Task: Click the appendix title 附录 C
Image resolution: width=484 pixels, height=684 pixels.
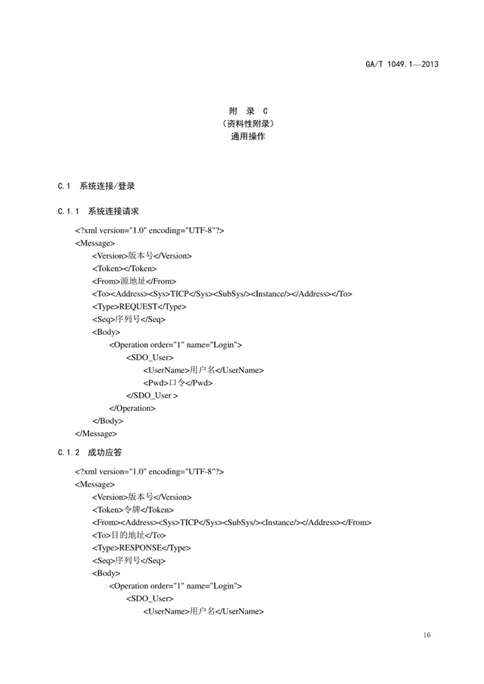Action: pos(248,111)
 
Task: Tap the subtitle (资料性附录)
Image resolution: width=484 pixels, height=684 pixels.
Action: pos(248,124)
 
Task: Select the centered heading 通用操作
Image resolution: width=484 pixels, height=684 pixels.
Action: pos(248,137)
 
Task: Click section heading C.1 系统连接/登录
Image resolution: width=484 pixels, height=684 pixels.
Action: pos(96,186)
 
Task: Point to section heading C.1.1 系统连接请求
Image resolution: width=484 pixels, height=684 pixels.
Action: pos(98,211)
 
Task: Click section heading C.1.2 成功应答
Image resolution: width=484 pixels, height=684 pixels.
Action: pos(90,452)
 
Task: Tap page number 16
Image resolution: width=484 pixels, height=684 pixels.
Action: pos(427,636)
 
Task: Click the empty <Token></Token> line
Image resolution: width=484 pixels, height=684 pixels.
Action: pos(124,268)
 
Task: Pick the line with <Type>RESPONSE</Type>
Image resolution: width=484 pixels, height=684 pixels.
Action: pos(141,548)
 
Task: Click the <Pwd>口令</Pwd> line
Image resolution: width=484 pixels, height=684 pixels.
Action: pos(177,383)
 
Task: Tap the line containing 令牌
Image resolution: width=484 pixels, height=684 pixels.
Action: pos(132,510)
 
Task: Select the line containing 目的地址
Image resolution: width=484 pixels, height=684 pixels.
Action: pos(129,535)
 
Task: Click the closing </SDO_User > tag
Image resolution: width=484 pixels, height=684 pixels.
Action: pos(152,396)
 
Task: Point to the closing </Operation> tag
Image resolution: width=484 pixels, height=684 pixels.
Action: pos(132,408)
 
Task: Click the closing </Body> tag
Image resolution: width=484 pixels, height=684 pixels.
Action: pos(108,421)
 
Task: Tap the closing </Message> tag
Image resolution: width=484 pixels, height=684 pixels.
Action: pos(96,434)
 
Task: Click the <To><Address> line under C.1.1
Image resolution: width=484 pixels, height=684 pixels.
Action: pos(222,294)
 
